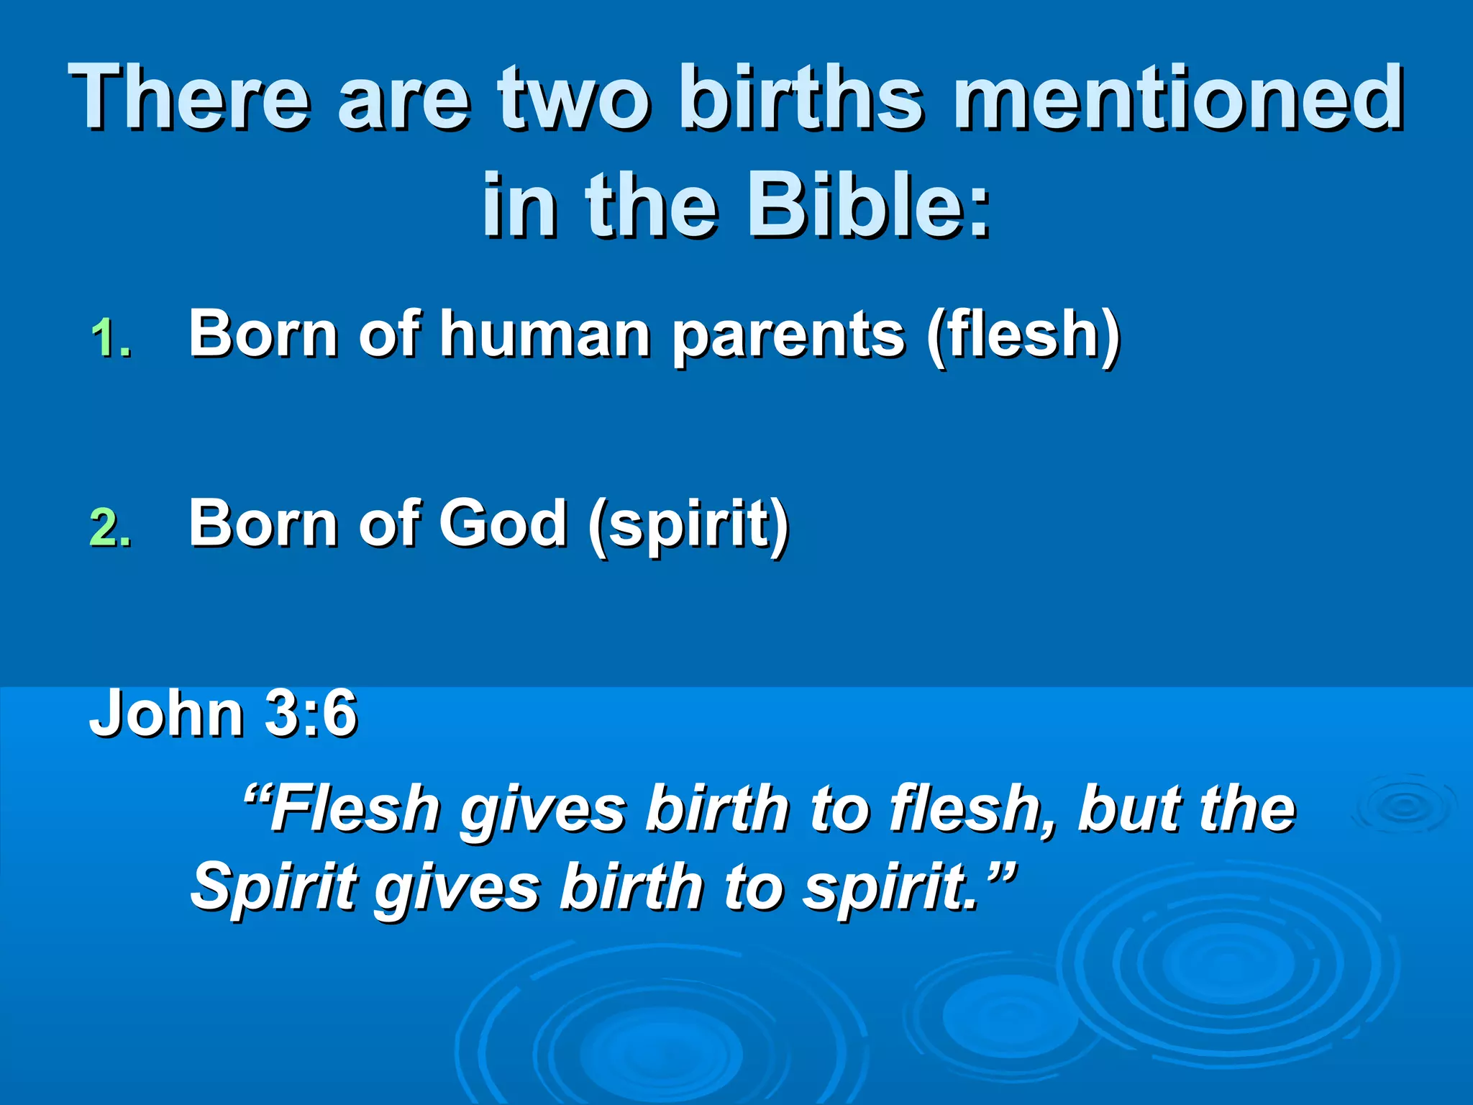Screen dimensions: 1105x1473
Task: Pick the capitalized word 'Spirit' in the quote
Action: pyautogui.click(x=274, y=886)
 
